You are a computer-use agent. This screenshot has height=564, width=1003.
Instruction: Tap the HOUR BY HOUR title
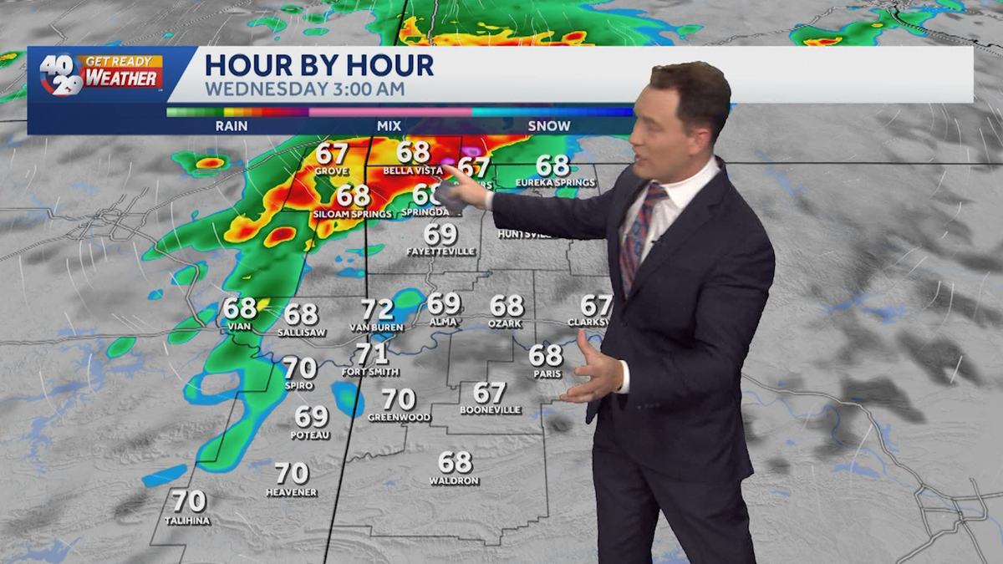point(319,64)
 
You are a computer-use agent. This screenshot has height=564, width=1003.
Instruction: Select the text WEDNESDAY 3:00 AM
point(305,89)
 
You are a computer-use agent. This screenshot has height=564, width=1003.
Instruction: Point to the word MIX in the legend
point(389,126)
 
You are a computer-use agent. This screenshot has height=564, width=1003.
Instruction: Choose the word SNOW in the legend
point(549,126)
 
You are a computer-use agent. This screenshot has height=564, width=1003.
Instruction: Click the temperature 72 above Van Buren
point(377,310)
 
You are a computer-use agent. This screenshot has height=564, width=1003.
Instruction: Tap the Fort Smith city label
point(370,372)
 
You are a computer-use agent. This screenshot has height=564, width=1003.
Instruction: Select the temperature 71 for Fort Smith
point(371,353)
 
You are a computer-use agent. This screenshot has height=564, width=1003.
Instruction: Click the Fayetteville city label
point(440,252)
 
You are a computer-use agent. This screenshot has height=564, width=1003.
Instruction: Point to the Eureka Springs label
point(555,183)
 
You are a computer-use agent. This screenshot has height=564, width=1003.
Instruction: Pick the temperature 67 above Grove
point(332,155)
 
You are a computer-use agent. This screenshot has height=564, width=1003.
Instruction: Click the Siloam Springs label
point(353,215)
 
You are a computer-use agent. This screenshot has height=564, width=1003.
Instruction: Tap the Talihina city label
point(187,521)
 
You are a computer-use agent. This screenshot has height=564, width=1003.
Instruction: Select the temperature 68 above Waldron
point(455,462)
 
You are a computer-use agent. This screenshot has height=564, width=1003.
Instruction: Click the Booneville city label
point(490,410)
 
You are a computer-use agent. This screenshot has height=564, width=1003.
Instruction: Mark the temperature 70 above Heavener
point(292,473)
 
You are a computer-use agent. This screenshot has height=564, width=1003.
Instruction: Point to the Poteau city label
point(310,435)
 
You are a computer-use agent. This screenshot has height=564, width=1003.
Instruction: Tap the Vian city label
point(239,328)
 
